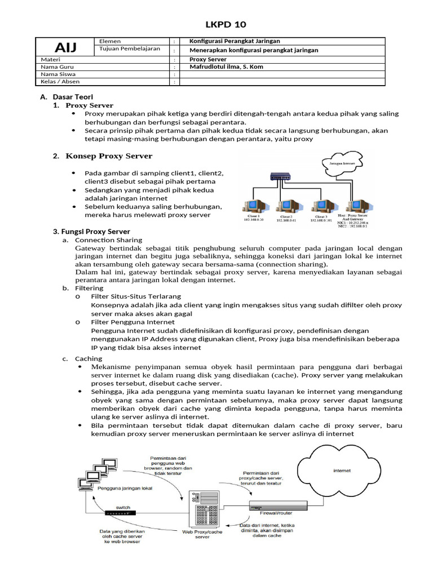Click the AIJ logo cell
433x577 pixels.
[x=65, y=46]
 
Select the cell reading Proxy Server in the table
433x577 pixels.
[x=207, y=59]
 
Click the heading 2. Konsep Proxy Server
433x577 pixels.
[x=103, y=156]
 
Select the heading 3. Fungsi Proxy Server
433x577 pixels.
[x=91, y=232]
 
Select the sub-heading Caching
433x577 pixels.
[x=89, y=358]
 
